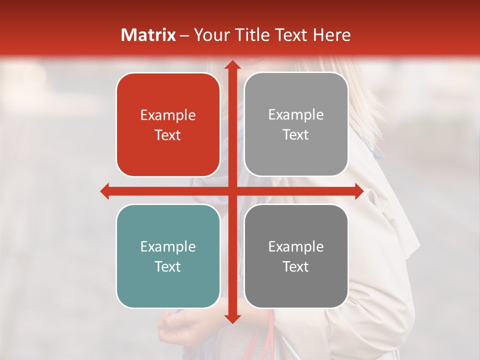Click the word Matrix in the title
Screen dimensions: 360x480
pos(148,35)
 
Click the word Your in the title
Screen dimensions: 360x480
pos(211,35)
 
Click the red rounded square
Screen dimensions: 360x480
pos(168,124)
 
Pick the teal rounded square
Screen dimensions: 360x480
pos(168,256)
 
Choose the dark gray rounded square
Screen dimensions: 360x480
pos(296,256)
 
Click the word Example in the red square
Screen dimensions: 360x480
pos(168,115)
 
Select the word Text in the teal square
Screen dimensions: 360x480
pos(168,266)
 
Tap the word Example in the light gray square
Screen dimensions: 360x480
pos(296,115)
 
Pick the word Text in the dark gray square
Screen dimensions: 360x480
pos(296,266)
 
